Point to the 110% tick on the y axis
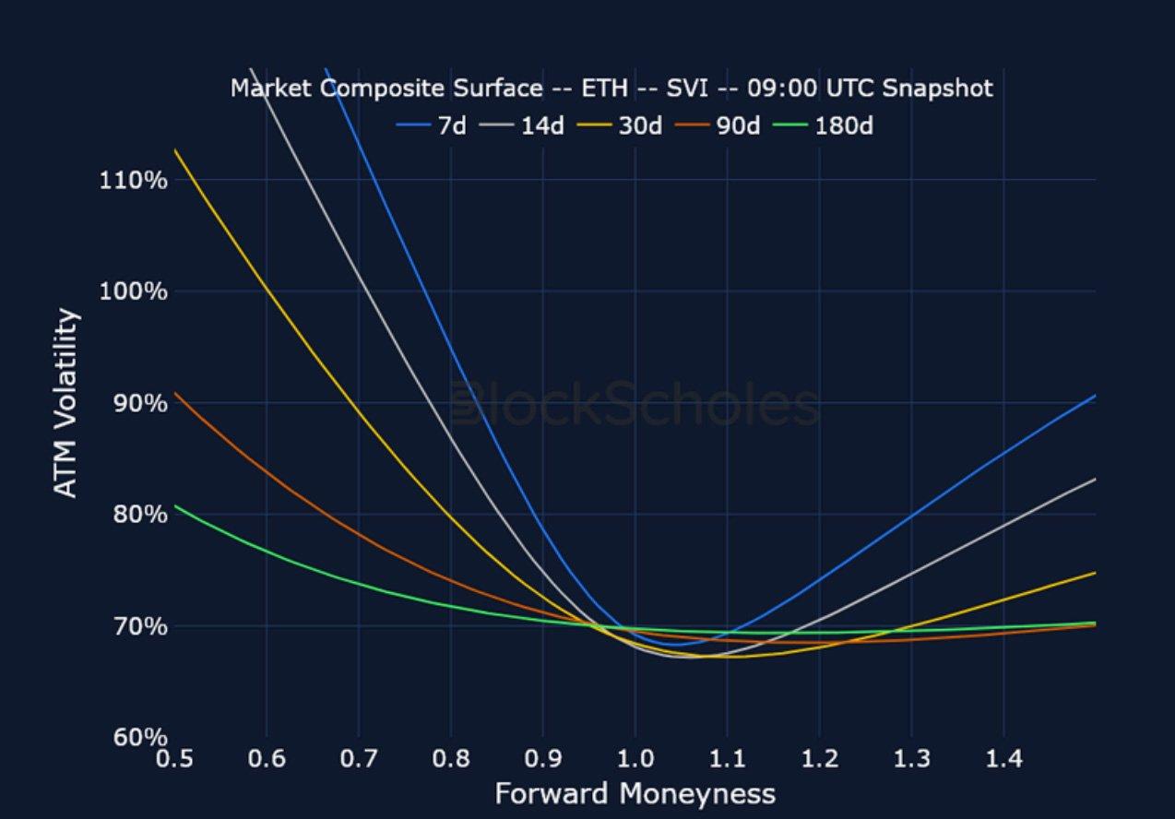(134, 179)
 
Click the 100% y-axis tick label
(134, 291)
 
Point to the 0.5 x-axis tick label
(174, 759)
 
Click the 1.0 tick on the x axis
(635, 759)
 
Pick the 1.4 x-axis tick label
(1003, 759)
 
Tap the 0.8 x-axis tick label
(451, 759)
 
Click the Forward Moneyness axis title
(635, 793)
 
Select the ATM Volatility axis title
(66, 403)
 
